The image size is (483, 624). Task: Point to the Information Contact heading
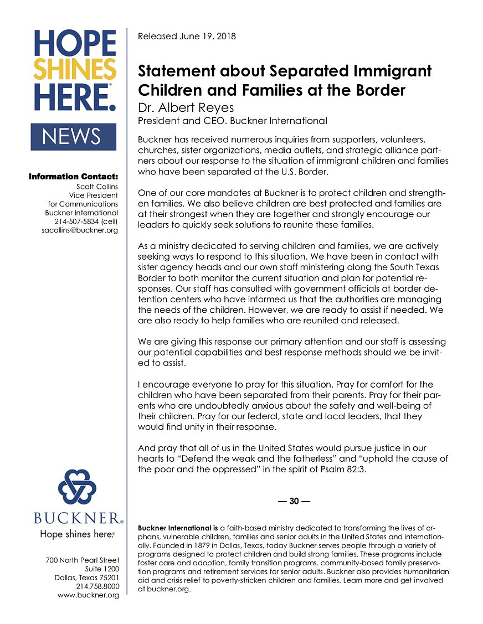(73, 177)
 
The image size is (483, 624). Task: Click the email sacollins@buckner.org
(80, 230)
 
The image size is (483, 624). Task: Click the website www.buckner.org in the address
(88, 595)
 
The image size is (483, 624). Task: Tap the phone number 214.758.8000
(97, 586)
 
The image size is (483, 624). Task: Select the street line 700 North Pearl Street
(83, 560)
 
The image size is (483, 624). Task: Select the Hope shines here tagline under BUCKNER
(77, 535)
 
